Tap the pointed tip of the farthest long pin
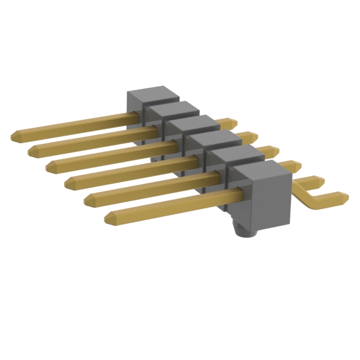tap(15, 136)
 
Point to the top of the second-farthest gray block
tap(169, 108)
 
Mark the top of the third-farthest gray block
tap(188, 123)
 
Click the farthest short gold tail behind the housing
tap(229, 122)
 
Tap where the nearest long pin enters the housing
tap(236, 194)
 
